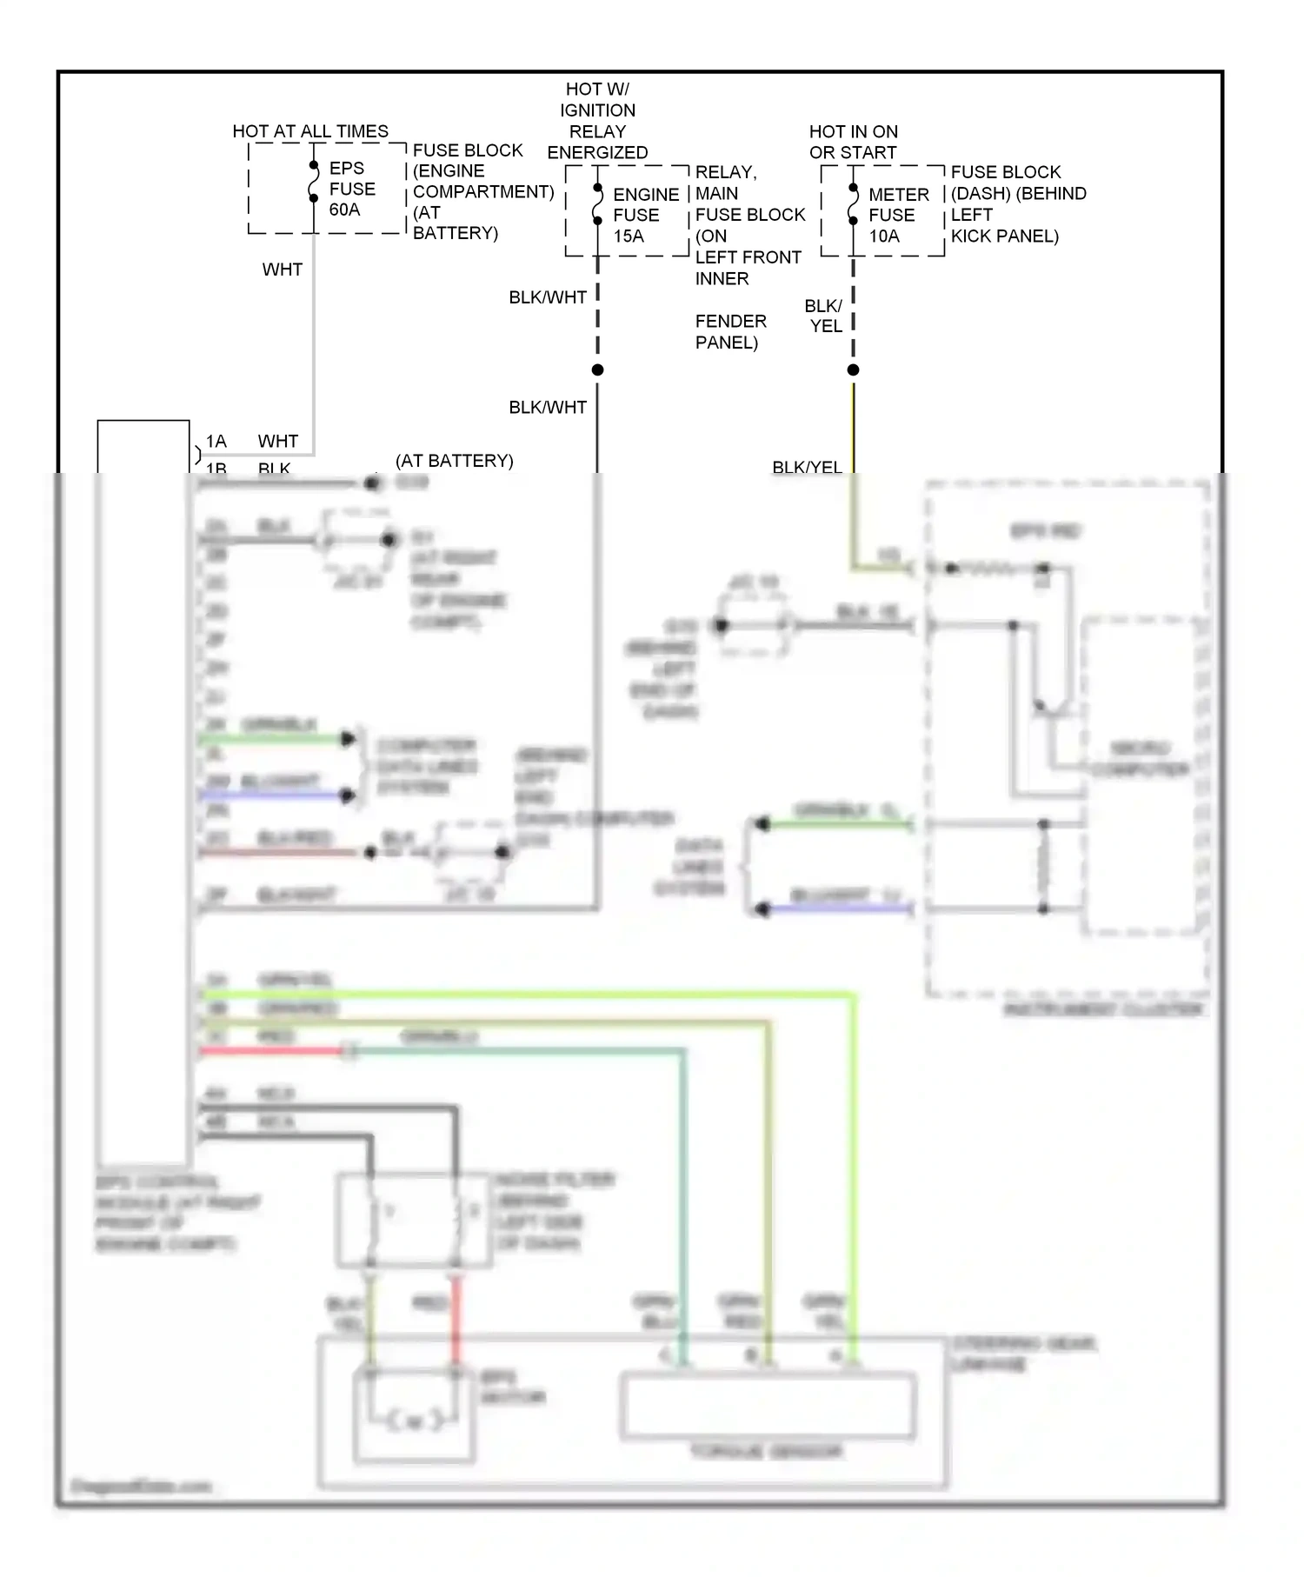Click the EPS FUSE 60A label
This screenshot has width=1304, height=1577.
point(351,189)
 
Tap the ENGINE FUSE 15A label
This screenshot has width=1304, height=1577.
point(645,215)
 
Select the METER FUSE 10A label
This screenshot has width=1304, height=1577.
point(898,215)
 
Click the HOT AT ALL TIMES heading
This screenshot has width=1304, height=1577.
point(310,131)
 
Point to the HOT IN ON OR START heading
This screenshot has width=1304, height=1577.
point(853,142)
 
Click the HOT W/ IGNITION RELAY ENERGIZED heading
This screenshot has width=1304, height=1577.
point(597,120)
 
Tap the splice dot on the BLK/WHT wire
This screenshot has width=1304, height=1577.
point(597,370)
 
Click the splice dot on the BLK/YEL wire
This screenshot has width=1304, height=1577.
point(853,370)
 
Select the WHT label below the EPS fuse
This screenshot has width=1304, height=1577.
point(282,269)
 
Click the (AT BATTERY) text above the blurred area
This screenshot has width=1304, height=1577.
point(454,461)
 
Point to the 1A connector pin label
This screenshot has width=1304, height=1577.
point(216,441)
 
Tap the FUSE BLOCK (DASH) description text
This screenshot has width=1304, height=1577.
point(1017,203)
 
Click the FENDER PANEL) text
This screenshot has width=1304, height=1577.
point(730,332)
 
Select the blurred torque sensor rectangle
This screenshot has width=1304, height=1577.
point(767,1406)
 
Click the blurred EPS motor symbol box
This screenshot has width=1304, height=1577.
point(414,1417)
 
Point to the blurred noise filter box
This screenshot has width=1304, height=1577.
point(414,1220)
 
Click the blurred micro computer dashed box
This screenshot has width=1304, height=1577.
point(1139,774)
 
